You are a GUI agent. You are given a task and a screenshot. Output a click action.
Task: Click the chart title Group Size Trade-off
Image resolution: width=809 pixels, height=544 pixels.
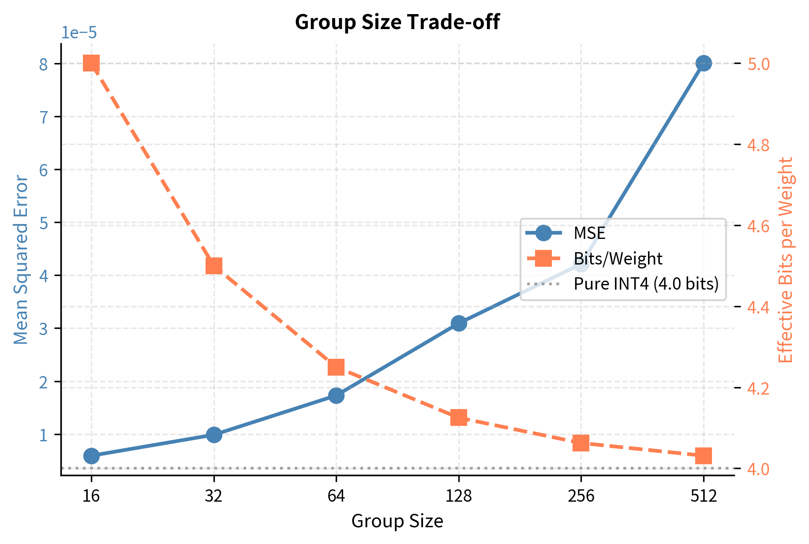click(x=397, y=22)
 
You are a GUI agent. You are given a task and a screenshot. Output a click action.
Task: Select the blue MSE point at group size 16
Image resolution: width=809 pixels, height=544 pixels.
click(x=91, y=455)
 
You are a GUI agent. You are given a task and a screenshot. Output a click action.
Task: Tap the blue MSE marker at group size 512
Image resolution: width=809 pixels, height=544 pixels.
click(x=703, y=63)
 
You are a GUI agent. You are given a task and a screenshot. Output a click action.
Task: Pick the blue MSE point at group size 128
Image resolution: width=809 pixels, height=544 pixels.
click(x=459, y=323)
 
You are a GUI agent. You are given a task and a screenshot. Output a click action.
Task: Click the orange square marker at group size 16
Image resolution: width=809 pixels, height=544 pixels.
click(x=91, y=63)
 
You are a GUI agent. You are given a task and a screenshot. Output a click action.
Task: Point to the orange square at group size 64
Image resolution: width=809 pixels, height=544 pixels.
click(x=336, y=367)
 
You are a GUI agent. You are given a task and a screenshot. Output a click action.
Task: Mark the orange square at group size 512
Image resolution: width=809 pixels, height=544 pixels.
click(x=703, y=456)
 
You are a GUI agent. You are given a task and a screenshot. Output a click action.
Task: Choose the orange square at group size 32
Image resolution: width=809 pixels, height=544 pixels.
click(x=214, y=266)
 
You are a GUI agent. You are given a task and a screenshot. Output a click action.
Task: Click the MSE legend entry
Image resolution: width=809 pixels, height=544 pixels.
click(x=589, y=233)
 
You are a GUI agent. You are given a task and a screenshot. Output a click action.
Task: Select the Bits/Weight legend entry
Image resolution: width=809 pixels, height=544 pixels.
click(x=618, y=258)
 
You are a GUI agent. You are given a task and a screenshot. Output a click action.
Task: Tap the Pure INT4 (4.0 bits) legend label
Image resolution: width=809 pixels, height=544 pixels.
click(x=646, y=283)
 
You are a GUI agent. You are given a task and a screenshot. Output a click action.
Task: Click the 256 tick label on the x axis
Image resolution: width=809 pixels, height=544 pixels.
click(x=581, y=497)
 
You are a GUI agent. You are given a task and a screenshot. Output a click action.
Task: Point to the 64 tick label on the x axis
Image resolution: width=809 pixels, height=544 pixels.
click(x=336, y=497)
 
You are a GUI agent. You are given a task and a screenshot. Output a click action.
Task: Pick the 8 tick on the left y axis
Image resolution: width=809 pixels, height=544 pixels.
click(x=43, y=64)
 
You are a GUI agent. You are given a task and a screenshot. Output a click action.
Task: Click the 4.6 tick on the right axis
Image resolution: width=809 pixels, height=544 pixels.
click(x=758, y=226)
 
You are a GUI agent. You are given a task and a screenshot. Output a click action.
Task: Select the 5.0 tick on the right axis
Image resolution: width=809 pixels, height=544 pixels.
click(x=758, y=64)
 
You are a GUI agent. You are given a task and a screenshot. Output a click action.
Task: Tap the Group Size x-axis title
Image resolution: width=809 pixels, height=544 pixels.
click(x=397, y=521)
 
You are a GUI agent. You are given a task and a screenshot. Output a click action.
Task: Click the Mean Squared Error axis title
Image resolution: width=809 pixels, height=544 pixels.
click(x=21, y=260)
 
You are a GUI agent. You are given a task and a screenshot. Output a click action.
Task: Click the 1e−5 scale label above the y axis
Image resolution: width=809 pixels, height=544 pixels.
click(x=79, y=33)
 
